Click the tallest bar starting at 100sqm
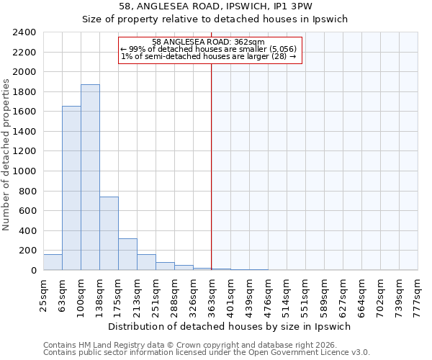90,177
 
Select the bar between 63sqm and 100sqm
71,188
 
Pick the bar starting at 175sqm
127,254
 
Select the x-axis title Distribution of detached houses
230,326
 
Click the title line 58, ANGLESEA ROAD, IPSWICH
230,6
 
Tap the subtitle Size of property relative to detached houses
230,19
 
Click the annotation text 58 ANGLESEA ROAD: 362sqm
209,42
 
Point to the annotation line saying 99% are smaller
209,49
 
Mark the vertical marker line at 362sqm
212,166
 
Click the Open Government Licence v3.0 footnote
207,352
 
